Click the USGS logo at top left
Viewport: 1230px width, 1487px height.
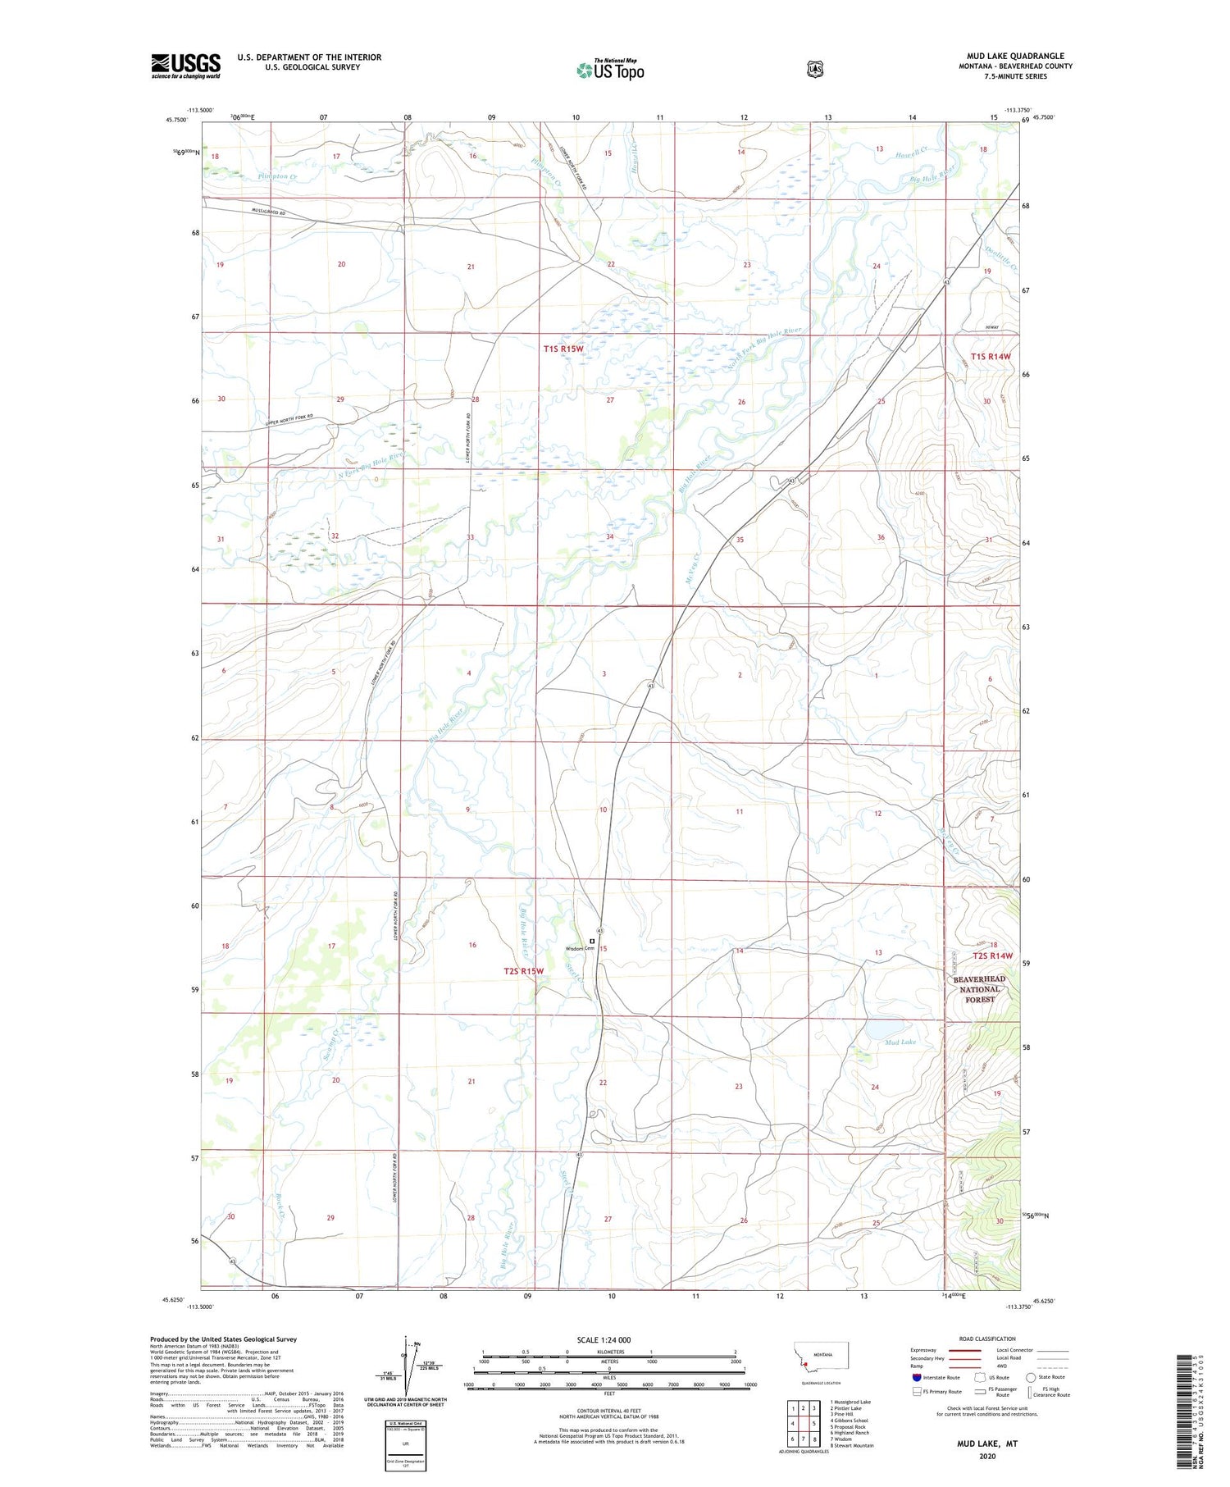(x=185, y=66)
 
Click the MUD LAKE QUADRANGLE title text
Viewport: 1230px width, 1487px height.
(x=1014, y=57)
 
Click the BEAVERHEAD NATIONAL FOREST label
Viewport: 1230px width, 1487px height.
(x=979, y=989)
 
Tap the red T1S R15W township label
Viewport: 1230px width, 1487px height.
(x=563, y=349)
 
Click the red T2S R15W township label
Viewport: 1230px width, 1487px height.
(x=524, y=971)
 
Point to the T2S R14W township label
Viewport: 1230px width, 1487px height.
(x=992, y=956)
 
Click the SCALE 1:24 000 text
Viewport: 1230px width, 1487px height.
(x=604, y=1340)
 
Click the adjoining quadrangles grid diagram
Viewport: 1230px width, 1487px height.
(x=803, y=1424)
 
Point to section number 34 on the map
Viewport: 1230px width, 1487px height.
(x=609, y=537)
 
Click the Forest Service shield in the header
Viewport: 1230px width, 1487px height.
(x=814, y=70)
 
